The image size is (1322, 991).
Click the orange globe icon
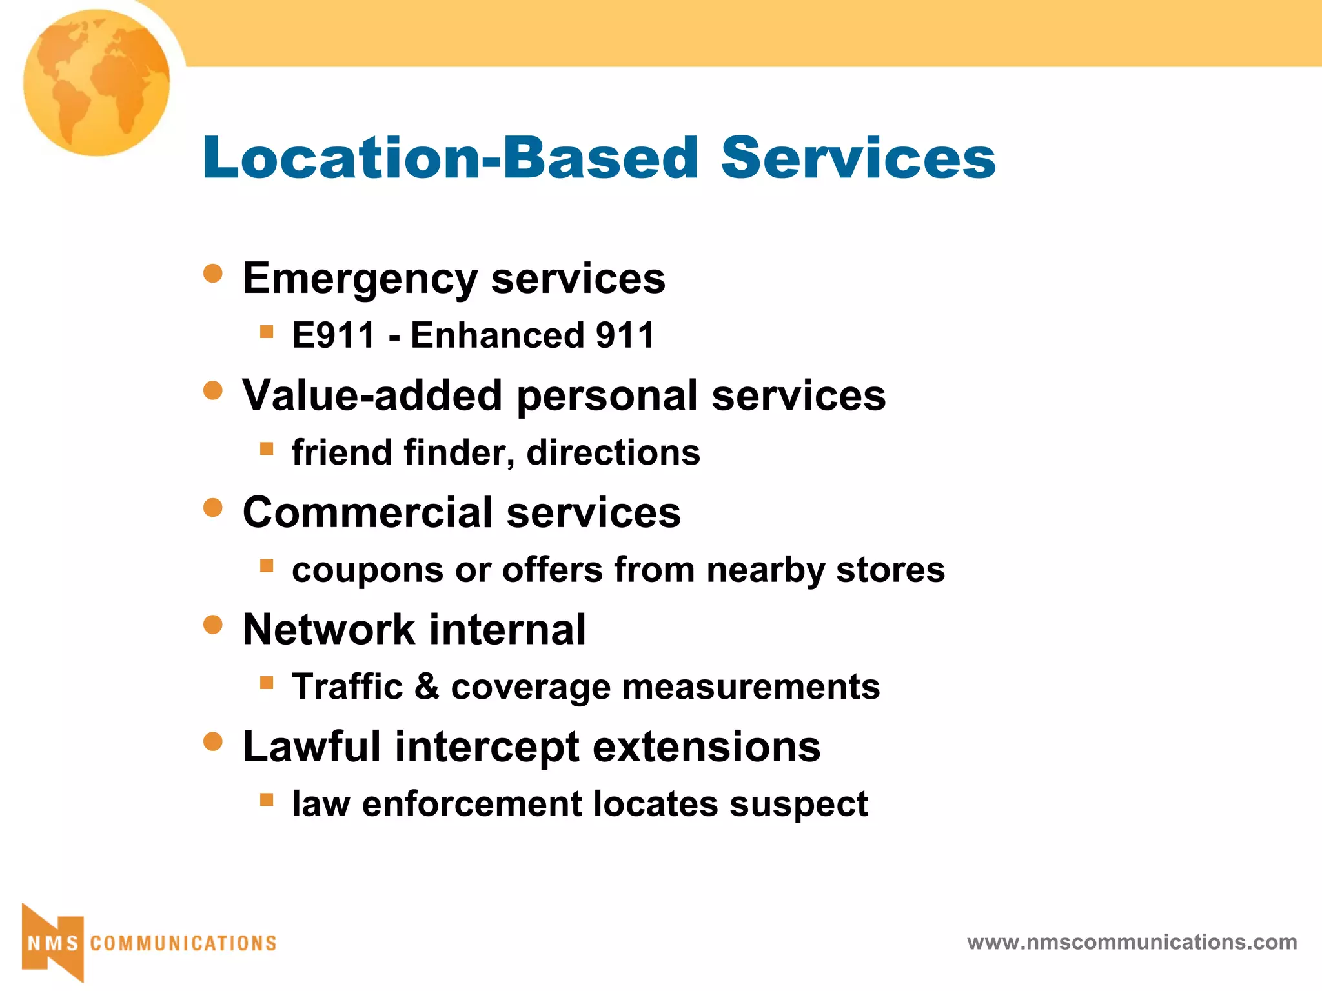97,83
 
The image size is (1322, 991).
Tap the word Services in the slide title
858,157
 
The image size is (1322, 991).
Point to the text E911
333,335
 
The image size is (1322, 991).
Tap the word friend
341,452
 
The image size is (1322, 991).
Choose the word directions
613,452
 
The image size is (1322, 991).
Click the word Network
329,630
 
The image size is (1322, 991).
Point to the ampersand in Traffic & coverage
427,686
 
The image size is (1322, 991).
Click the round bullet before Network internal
212,625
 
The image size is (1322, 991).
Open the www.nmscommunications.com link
1132,942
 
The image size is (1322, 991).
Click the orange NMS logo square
53,943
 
